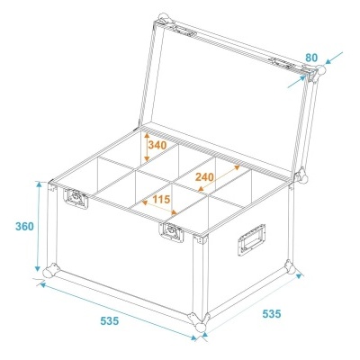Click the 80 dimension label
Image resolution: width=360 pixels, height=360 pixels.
[x=311, y=58]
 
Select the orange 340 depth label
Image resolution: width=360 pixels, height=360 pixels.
[x=157, y=145]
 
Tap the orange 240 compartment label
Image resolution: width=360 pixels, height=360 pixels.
[x=204, y=177]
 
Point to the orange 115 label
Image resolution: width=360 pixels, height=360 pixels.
[x=161, y=199]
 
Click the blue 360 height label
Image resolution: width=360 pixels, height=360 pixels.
[x=24, y=227]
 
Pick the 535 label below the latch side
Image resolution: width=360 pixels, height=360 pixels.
[x=110, y=321]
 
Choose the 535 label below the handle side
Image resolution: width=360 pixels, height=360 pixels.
[x=272, y=314]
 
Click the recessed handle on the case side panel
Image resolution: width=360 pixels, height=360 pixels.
[x=252, y=239]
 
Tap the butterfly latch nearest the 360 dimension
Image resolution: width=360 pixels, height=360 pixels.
[x=76, y=198]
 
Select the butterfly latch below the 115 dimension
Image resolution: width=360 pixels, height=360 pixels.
[x=171, y=232]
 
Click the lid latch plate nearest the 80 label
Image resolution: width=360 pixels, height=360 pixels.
[x=282, y=63]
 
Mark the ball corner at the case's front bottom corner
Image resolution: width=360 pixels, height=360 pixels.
[x=198, y=321]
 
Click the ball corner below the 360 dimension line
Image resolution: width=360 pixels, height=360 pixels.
[x=51, y=271]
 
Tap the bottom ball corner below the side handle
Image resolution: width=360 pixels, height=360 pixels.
[x=290, y=267]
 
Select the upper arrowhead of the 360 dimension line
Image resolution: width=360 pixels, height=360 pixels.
[x=39, y=184]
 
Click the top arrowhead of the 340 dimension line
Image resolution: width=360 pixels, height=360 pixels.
[x=147, y=135]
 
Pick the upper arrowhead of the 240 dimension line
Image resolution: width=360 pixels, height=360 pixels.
[x=237, y=167]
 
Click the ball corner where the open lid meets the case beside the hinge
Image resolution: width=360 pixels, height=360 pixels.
[x=301, y=176]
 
